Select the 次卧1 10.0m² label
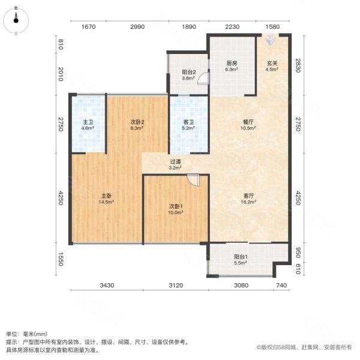pos(176,209)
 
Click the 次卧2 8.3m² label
pos(137,125)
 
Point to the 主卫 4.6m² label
pos(88,125)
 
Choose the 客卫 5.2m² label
pos(188,125)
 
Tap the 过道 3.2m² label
pos(176,164)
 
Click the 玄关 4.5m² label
pos(272,66)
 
